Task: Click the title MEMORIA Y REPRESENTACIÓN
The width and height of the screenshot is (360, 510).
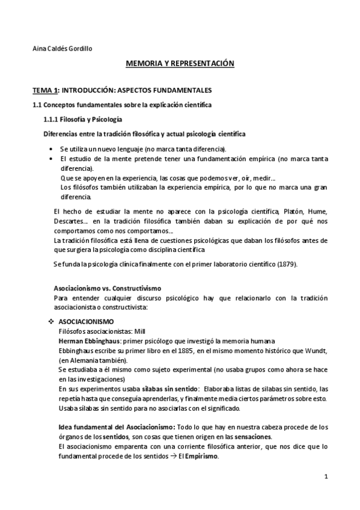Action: pyautogui.click(x=179, y=63)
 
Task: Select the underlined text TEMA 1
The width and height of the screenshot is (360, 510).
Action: pyautogui.click(x=45, y=90)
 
